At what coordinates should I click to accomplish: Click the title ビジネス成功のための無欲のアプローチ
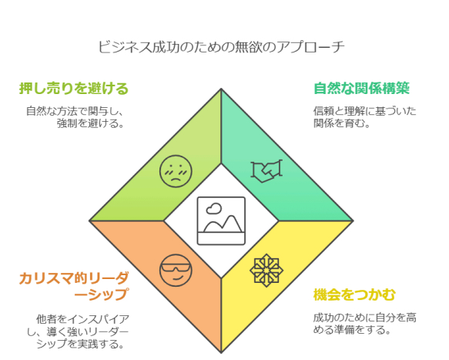point(221,47)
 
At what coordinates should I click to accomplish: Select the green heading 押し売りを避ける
point(74,89)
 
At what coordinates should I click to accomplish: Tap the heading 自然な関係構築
point(361,89)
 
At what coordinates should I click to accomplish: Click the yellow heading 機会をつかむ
point(354,294)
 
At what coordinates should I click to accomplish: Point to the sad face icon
point(176,171)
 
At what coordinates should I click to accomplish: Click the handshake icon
point(266,171)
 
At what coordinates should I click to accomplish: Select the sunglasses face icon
point(176,271)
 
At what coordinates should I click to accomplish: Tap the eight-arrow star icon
point(266,271)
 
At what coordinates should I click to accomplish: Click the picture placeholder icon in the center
point(221,220)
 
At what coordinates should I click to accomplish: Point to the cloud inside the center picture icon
point(214,209)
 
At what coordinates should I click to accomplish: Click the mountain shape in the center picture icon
point(223,224)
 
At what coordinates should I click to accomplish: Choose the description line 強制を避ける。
point(90,123)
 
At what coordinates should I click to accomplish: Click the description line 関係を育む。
point(342,123)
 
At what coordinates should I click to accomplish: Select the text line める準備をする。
point(352,330)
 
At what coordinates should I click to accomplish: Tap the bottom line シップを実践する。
point(80,344)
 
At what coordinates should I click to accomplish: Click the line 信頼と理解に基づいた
point(364,111)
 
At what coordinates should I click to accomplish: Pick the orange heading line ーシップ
point(101,294)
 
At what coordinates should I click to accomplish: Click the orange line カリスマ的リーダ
point(74,278)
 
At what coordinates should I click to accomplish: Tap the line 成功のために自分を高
point(364,318)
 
